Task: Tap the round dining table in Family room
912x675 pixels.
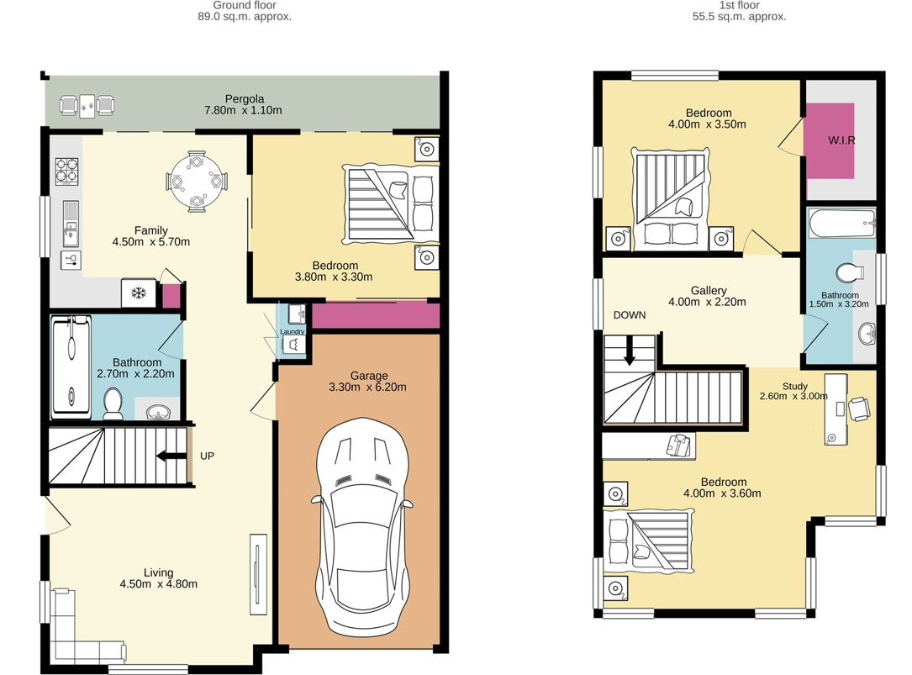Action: click(x=196, y=181)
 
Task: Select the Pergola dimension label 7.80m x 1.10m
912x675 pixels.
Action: click(x=244, y=110)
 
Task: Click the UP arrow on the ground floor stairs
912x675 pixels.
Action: click(x=172, y=456)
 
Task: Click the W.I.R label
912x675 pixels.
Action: click(x=841, y=140)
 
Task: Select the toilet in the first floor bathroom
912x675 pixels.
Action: click(x=850, y=273)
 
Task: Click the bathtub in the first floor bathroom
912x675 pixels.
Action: click(x=841, y=224)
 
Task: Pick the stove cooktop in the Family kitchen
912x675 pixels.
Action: click(x=67, y=171)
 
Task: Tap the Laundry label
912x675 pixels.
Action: click(x=292, y=332)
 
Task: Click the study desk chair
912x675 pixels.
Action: click(x=858, y=409)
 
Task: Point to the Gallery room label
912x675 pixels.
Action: click(x=708, y=291)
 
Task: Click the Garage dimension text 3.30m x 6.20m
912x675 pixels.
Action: click(x=369, y=388)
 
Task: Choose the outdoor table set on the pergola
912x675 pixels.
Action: click(x=87, y=105)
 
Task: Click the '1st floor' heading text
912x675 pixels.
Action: click(x=740, y=5)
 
